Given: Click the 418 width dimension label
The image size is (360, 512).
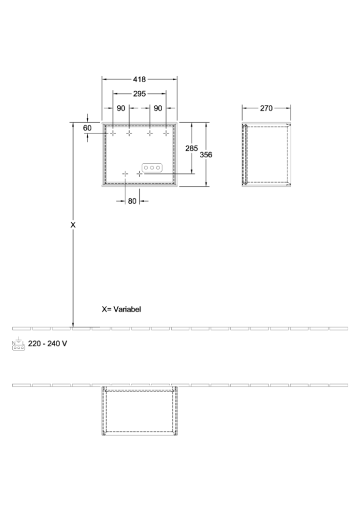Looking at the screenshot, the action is tap(140, 79).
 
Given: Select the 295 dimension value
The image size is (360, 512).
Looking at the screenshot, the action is tap(140, 94).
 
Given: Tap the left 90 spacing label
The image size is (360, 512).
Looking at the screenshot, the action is tap(121, 108).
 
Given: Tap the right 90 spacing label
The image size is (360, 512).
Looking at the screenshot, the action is tap(158, 108).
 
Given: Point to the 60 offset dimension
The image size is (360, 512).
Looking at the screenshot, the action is tap(87, 127).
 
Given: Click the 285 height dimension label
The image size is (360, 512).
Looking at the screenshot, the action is tap(191, 148).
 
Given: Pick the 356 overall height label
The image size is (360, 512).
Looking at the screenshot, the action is tap(206, 155).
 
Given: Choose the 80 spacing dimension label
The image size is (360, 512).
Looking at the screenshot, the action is tap(132, 201).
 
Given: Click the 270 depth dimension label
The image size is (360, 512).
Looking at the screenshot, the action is tap(266, 108).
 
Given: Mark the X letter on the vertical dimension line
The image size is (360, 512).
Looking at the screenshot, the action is tap(73, 225).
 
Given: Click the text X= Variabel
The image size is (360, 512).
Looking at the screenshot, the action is tap(121, 309).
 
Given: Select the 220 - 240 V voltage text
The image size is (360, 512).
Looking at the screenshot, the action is tap(47, 343).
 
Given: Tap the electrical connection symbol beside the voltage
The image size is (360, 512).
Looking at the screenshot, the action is tap(18, 344).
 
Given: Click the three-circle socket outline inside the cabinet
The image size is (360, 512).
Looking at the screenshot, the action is tap(152, 167).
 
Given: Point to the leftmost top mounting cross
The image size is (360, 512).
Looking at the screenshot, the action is tap(113, 133).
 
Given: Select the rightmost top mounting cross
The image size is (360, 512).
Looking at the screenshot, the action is tap(166, 133).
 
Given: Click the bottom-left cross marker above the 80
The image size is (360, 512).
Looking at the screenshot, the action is tap(125, 174).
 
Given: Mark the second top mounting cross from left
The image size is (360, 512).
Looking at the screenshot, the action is tap(129, 133).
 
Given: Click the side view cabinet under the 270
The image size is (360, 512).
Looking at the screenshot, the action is tap(266, 155).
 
